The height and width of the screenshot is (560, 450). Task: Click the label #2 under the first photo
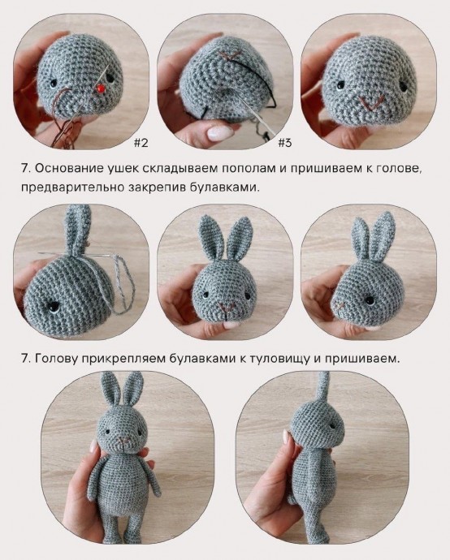[141, 143]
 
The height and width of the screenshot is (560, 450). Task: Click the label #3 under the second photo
[284, 143]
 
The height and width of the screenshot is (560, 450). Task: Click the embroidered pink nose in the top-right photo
[371, 103]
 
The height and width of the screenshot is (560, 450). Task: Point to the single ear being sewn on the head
[79, 231]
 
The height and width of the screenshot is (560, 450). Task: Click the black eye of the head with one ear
[54, 306]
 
